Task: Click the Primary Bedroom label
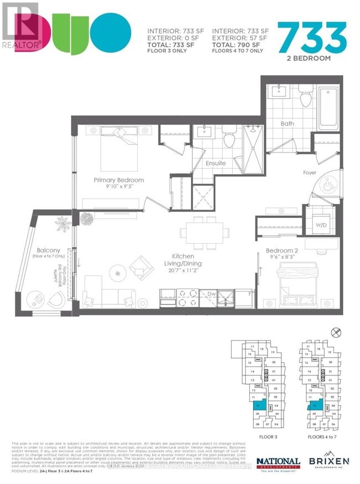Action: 119,180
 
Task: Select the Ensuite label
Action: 215,163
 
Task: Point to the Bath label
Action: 287,124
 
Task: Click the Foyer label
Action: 310,172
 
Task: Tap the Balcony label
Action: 42,250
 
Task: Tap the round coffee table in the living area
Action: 117,273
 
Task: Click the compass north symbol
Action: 333,333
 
